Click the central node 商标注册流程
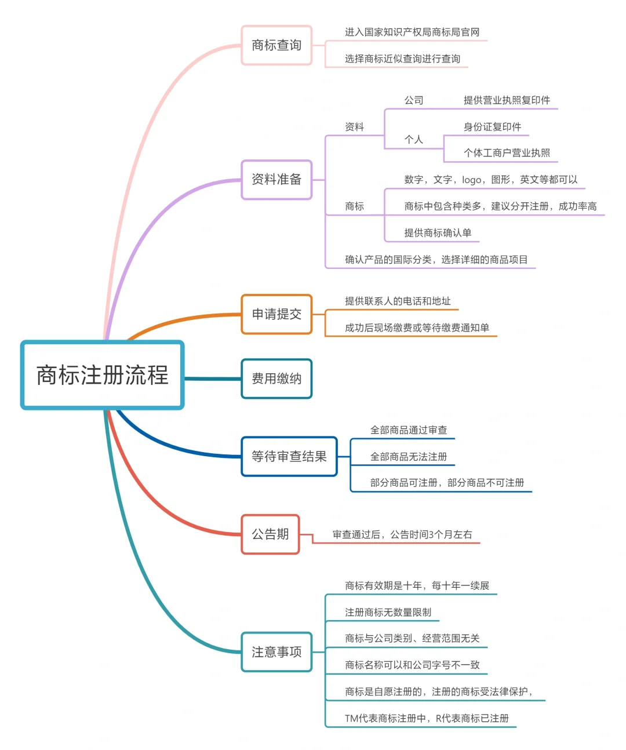[102, 375]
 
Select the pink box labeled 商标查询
[276, 45]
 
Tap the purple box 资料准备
[276, 180]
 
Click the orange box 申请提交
[276, 314]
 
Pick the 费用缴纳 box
[276, 378]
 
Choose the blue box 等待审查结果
[289, 457]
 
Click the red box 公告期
[270, 534]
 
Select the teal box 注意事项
[276, 652]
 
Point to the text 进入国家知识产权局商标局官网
[412, 32]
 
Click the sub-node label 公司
[413, 100]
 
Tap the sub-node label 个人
[413, 140]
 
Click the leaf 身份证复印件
[492, 127]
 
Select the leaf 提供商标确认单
[438, 233]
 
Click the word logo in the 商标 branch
[471, 180]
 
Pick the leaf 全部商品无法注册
[409, 457]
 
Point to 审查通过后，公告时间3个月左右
[402, 534]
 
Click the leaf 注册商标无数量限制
[388, 612]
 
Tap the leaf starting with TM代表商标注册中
[426, 718]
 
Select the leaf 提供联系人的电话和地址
[397, 301]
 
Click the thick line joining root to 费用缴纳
[212, 378]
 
